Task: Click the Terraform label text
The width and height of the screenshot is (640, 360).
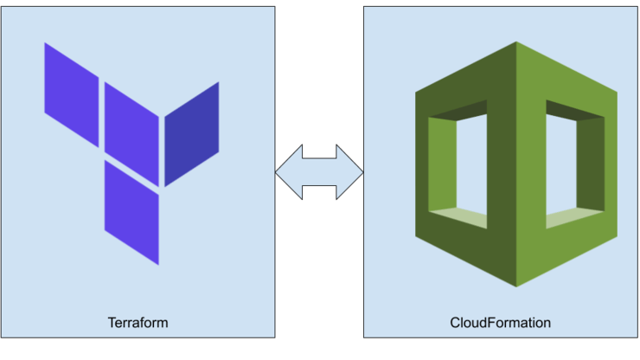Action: click(138, 323)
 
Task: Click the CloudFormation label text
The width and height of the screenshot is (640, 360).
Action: click(500, 323)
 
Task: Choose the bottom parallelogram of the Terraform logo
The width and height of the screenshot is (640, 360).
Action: click(131, 212)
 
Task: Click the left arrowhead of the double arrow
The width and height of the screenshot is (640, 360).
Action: click(288, 172)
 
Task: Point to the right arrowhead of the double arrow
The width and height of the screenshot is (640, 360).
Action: click(351, 172)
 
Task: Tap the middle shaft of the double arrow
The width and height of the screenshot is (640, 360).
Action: click(319, 172)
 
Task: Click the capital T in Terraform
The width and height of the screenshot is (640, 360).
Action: click(112, 323)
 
